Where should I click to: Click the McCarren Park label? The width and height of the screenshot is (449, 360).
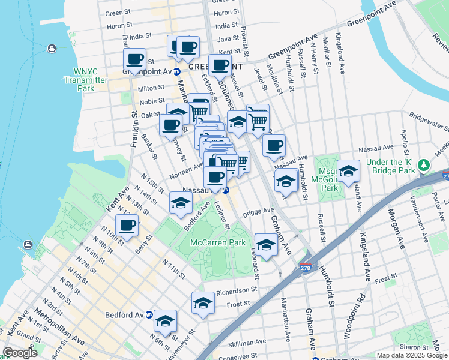click(218, 242)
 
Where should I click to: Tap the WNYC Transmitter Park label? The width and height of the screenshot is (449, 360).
click(86, 79)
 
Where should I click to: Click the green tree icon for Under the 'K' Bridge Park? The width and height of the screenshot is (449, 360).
click(424, 164)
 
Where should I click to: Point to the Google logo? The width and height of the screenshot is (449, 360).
click(20, 353)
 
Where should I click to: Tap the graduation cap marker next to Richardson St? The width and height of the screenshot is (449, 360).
click(203, 302)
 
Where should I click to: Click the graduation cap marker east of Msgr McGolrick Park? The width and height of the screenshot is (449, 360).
click(348, 171)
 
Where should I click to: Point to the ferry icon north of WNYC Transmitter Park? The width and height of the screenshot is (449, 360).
click(52, 48)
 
